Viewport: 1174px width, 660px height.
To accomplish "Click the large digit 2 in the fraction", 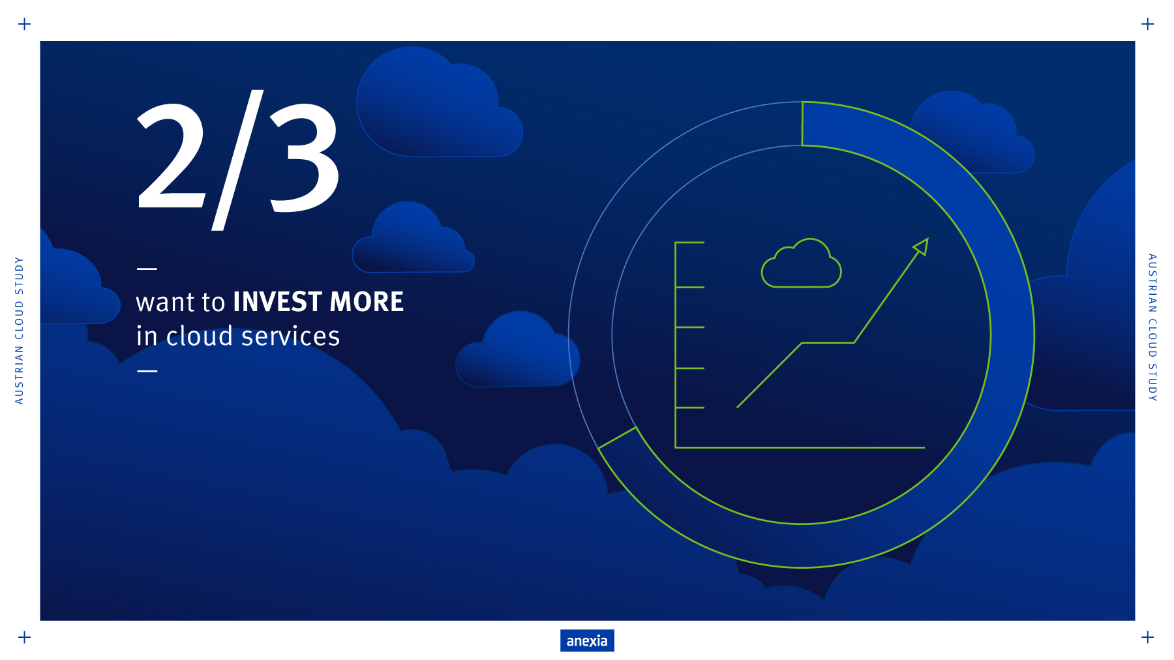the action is pos(171,156).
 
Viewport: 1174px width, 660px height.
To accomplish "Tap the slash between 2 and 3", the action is pos(237,160).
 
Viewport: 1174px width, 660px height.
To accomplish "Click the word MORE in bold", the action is pos(367,302).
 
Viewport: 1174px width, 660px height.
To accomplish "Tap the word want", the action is pos(166,303).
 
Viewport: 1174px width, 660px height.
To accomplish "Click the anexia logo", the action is pos(587,640).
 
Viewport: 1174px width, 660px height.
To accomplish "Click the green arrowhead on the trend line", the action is pos(921,247).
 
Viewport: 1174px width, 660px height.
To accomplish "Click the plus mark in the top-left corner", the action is pos(25,24).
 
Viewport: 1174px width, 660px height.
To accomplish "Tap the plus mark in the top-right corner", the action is pos(1148,24).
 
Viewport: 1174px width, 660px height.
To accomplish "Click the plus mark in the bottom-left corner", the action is pos(25,637).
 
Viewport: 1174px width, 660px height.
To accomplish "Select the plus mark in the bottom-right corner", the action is pos(1148,637).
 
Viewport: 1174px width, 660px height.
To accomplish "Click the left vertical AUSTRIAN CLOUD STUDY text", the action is pos(20,331).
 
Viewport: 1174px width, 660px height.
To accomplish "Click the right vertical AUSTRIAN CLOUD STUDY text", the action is pos(1152,327).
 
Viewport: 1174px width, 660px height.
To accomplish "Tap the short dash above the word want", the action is pos(147,268).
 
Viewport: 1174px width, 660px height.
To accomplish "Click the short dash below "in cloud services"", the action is pos(147,370).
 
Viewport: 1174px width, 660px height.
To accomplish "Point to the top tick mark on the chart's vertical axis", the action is pos(690,243).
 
